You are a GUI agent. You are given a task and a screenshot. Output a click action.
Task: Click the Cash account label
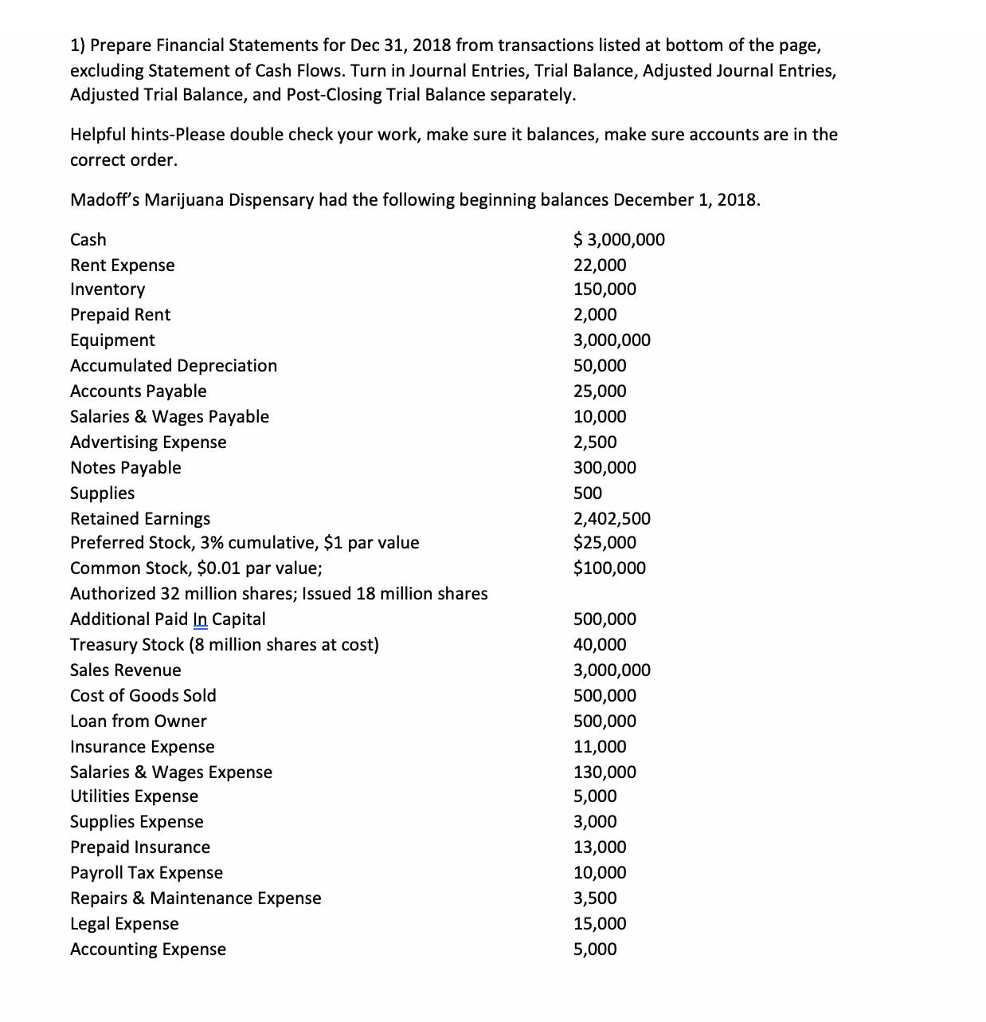click(88, 240)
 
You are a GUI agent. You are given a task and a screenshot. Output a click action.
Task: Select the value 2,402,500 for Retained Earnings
click(612, 519)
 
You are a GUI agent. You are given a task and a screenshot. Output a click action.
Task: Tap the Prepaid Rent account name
click(120, 315)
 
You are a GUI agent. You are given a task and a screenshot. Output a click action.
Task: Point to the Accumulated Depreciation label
click(174, 366)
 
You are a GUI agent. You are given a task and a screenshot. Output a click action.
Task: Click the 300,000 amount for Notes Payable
click(605, 468)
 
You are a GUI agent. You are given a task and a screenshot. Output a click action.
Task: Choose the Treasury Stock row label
click(224, 645)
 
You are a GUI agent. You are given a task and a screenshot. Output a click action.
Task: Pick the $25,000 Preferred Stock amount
click(605, 543)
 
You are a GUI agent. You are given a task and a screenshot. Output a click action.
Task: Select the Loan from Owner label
click(138, 721)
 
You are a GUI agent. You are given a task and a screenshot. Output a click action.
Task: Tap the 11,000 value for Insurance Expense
click(600, 747)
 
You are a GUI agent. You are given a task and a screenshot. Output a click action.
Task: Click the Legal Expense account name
click(124, 924)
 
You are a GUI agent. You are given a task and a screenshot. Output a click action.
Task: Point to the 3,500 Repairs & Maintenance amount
click(595, 898)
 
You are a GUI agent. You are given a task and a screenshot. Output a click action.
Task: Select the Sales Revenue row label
click(125, 670)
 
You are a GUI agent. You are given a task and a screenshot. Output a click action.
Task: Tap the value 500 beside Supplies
click(588, 493)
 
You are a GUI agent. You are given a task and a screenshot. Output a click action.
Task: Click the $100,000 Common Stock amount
click(609, 568)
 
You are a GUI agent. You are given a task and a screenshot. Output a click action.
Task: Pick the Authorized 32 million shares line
click(279, 594)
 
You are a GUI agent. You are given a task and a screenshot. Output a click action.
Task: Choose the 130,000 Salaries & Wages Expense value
click(605, 772)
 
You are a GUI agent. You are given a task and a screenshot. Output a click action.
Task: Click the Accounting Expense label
click(147, 949)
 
